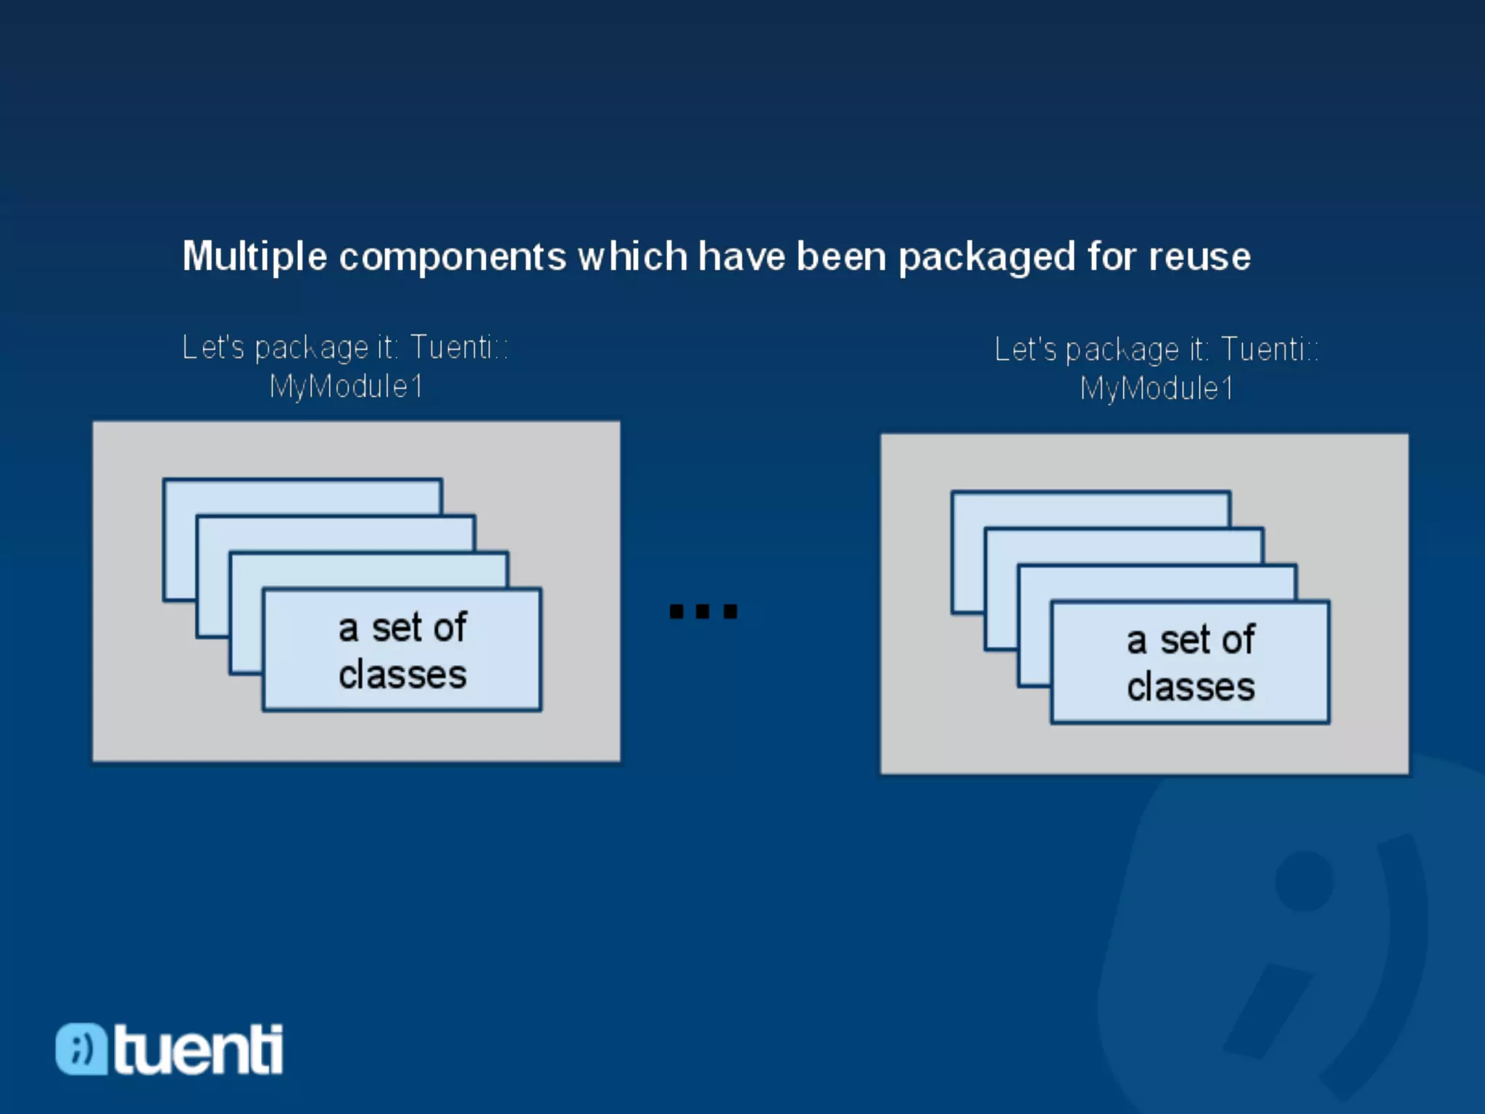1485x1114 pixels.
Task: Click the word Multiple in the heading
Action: [x=254, y=257]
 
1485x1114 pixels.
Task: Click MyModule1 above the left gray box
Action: [x=346, y=387]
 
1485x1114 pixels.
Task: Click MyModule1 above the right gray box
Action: [x=1157, y=389]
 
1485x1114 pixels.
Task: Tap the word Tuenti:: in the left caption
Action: [x=459, y=347]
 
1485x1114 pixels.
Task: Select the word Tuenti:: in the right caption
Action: [x=1270, y=350]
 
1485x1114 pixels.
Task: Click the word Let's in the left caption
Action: [x=213, y=347]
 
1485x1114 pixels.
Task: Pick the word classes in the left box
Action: [x=402, y=675]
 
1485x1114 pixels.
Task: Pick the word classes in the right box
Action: [x=1191, y=687]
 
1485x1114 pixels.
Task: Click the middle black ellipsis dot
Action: [x=703, y=611]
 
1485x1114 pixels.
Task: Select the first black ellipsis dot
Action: [x=677, y=611]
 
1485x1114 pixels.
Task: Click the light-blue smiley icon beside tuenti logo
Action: [x=81, y=1049]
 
